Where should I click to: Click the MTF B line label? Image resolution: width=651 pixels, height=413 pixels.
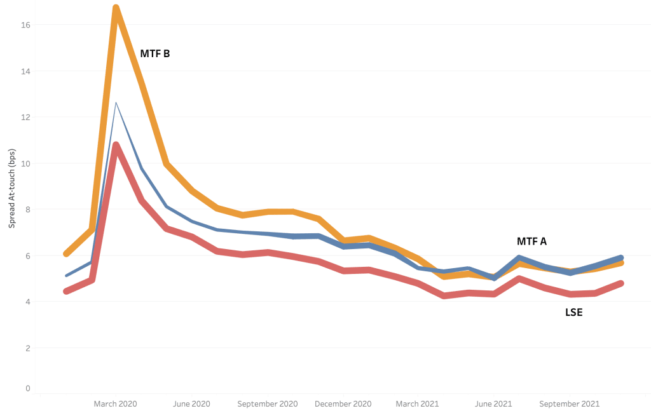(154, 54)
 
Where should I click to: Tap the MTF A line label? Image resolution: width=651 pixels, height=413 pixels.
(531, 241)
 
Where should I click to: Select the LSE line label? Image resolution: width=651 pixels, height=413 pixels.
(573, 312)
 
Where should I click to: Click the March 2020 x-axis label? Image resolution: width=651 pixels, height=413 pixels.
(116, 403)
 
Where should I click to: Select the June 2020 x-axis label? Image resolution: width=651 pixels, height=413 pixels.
(191, 403)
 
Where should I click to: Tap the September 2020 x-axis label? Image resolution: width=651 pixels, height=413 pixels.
(267, 403)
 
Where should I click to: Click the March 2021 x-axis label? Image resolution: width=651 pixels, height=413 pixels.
(416, 403)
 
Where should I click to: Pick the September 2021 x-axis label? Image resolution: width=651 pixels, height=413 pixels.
(569, 403)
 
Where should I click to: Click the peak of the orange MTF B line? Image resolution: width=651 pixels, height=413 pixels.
(116, 9)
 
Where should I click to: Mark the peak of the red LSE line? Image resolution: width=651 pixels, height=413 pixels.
(116, 146)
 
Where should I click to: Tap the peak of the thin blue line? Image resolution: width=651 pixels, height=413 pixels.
(116, 102)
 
